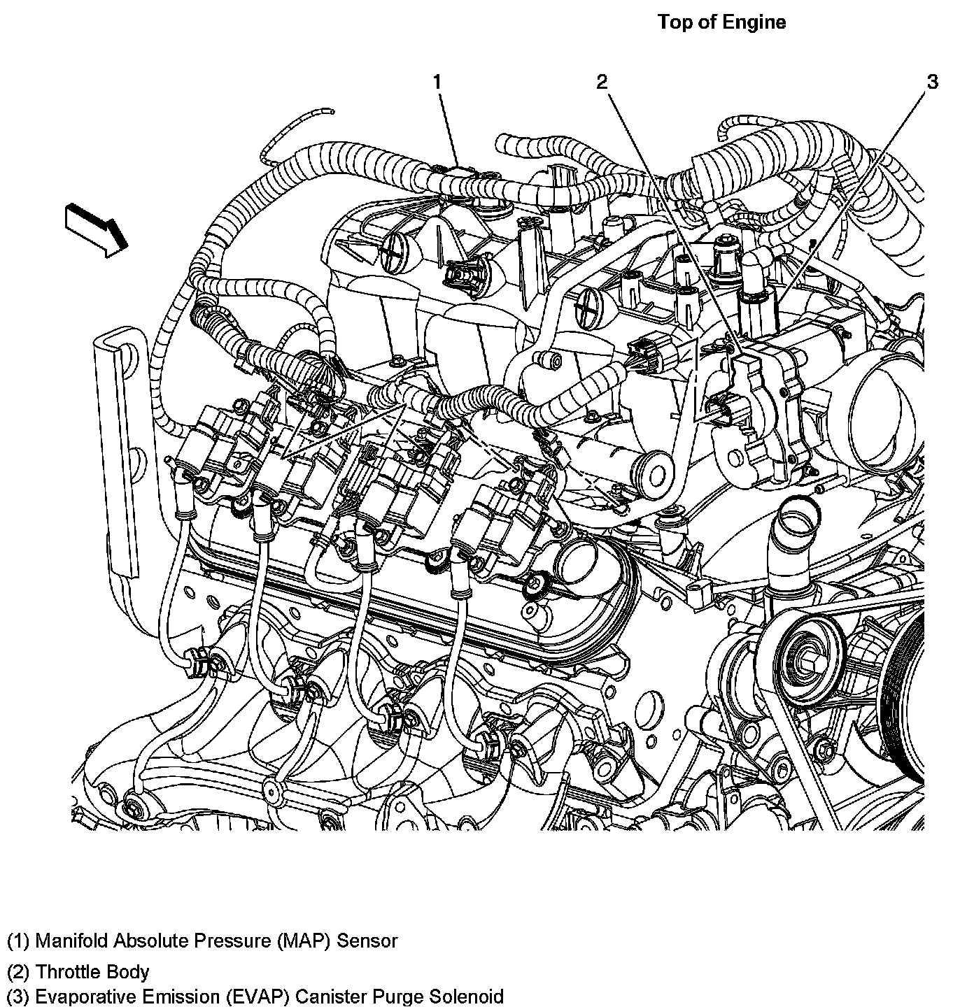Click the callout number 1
point(437,83)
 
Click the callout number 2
point(602,83)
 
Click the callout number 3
point(932,83)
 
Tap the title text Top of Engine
point(721,22)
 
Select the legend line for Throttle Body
point(78,971)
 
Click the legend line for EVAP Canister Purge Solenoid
point(255,996)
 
